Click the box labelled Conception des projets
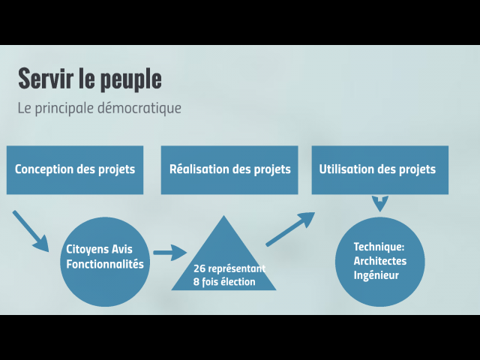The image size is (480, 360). click(75, 169)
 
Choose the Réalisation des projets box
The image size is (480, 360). click(229, 169)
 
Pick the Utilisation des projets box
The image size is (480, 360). click(379, 169)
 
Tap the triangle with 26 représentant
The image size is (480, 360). click(223, 262)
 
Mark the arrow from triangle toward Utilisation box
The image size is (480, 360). click(290, 229)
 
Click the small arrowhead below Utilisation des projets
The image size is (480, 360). click(380, 203)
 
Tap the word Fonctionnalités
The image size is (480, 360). click(105, 265)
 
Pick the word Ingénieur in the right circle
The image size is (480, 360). click(376, 275)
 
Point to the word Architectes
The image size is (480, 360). click(380, 261)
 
